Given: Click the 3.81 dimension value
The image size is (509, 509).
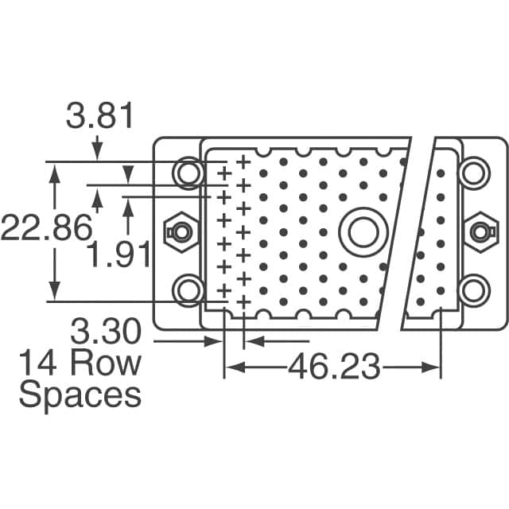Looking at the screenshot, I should (100, 118).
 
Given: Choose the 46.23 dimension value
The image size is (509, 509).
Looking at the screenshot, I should (333, 367).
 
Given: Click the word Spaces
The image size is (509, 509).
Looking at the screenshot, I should (80, 394).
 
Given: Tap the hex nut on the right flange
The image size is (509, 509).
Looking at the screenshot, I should (478, 231).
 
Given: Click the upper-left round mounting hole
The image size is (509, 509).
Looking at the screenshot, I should (189, 172).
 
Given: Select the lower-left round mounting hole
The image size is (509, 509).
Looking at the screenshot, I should (189, 290).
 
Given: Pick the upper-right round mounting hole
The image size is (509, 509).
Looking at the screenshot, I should (472, 172).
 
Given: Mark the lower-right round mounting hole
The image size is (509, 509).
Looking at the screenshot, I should (472, 290).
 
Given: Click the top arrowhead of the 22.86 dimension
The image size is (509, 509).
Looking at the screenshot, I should (55, 169).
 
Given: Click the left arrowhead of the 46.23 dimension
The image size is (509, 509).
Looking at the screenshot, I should (231, 367).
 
